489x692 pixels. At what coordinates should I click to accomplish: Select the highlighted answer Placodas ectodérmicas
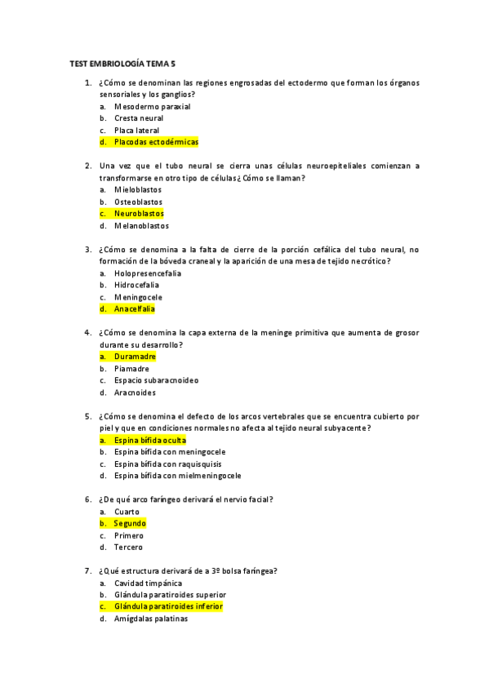click(x=156, y=142)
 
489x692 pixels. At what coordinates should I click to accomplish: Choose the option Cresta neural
click(x=139, y=118)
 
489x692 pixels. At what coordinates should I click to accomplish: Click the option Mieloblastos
click(x=138, y=189)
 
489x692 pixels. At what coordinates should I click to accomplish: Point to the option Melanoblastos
click(x=141, y=226)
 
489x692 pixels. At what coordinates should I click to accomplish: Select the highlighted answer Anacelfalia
click(x=134, y=309)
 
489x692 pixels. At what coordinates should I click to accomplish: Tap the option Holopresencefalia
click(x=148, y=273)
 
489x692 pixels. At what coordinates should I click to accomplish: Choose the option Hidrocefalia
click(x=137, y=286)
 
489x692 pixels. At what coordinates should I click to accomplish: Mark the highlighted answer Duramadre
click(x=135, y=357)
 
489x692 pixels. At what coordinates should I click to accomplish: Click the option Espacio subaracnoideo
click(x=156, y=380)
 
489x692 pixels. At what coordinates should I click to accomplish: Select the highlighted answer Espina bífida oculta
click(x=150, y=440)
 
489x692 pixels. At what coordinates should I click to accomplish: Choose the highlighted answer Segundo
click(x=130, y=523)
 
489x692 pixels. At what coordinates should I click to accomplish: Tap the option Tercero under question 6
click(x=128, y=548)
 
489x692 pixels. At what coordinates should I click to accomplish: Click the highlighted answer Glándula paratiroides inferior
click(x=168, y=607)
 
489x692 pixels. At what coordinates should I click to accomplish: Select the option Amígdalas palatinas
click(x=151, y=619)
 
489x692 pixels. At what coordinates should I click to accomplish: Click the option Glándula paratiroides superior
click(x=170, y=595)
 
